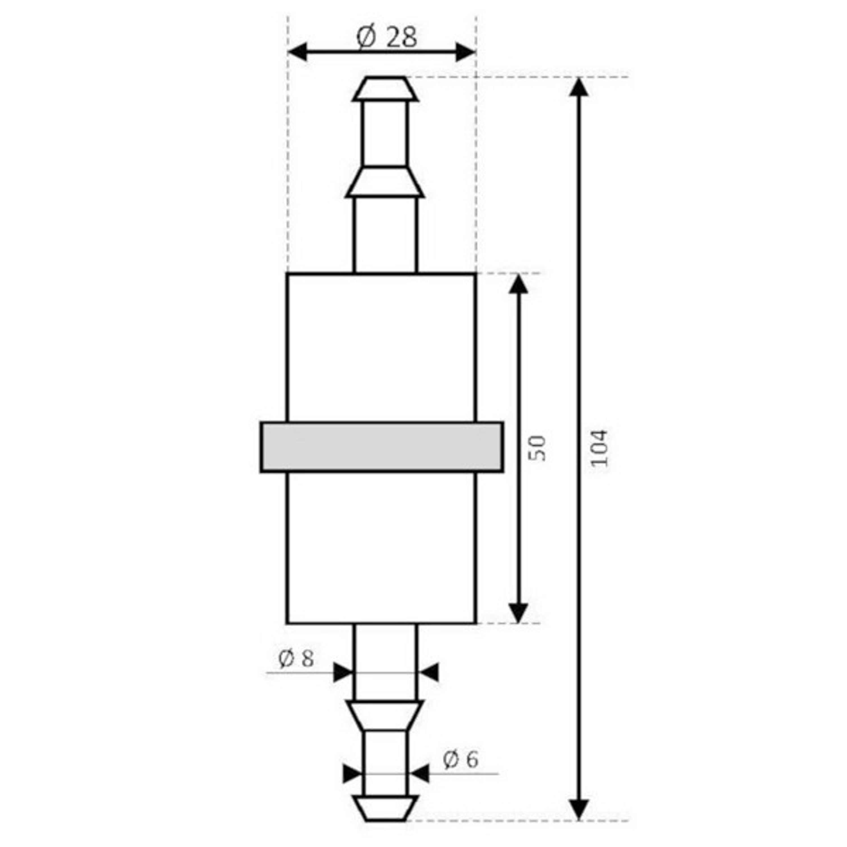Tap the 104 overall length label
click(x=599, y=448)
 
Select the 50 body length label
click(x=538, y=448)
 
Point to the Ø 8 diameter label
click(x=296, y=658)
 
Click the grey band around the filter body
click(x=381, y=447)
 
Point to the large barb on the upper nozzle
click(x=385, y=182)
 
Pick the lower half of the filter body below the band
click(x=381, y=548)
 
